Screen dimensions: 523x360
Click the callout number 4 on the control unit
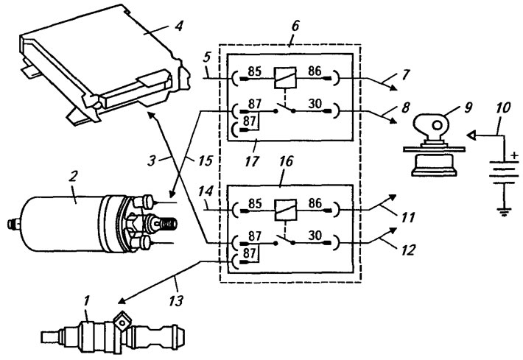click(x=179, y=26)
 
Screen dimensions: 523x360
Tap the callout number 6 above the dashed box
click(x=295, y=26)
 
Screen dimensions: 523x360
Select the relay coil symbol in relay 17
click(x=285, y=78)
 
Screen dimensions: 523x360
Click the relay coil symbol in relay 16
click(x=285, y=210)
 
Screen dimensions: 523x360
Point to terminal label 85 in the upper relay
click(x=254, y=71)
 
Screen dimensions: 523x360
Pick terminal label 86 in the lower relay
click(x=315, y=203)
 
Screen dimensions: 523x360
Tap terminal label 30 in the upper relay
click(x=315, y=104)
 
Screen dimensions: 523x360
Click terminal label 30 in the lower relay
click(x=315, y=236)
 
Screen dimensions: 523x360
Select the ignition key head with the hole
click(x=432, y=126)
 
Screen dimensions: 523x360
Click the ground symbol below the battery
click(x=504, y=212)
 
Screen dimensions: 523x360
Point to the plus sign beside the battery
click(x=515, y=155)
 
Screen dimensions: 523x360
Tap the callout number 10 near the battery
click(x=503, y=108)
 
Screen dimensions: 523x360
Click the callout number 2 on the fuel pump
click(x=73, y=177)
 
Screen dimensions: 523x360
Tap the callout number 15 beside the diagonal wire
click(x=206, y=160)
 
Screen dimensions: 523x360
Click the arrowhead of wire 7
click(x=394, y=88)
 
